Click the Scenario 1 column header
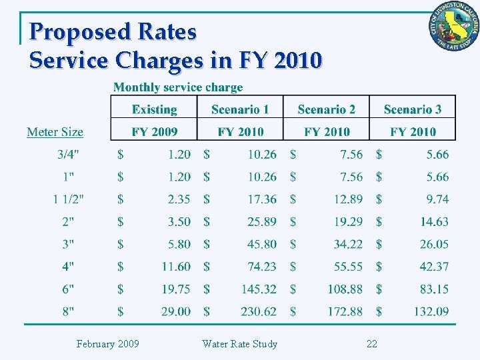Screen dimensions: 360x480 (x=240, y=109)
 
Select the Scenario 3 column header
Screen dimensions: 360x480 (x=413, y=109)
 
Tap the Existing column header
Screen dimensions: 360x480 (x=154, y=109)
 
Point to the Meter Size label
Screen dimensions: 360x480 (x=55, y=132)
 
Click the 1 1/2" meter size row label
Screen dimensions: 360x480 (x=69, y=199)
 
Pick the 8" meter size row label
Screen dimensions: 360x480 (x=69, y=311)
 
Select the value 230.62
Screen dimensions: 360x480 (x=259, y=311)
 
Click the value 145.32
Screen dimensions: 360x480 (x=259, y=289)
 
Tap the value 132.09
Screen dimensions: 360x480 (x=431, y=311)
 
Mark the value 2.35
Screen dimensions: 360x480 (x=179, y=199)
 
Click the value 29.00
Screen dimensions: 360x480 (x=175, y=311)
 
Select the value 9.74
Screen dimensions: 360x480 (x=437, y=199)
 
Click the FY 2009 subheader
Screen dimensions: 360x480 (x=154, y=132)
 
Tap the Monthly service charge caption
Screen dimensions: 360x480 (x=178, y=87)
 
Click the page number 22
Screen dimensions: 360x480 (x=372, y=344)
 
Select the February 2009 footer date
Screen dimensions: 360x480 (x=107, y=344)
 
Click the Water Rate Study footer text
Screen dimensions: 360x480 (x=239, y=344)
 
